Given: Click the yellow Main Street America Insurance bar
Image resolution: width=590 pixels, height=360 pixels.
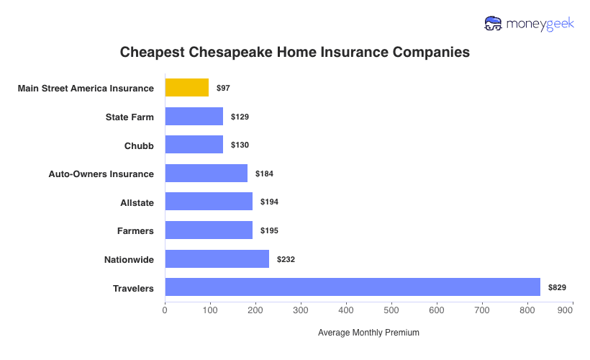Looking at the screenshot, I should (x=187, y=88).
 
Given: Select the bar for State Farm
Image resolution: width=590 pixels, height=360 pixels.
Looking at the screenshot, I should (x=194, y=117).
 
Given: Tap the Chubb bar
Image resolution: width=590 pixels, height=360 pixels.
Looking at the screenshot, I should (x=194, y=145).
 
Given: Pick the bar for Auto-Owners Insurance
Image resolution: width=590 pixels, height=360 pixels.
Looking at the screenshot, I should (x=206, y=174).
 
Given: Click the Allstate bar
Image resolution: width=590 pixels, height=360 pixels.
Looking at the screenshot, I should (x=209, y=202).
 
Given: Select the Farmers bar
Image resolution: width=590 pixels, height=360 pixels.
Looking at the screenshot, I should (x=209, y=230).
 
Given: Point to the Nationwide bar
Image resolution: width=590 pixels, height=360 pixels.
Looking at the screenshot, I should (x=217, y=258).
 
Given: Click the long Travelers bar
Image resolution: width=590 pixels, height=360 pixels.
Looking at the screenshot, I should (x=353, y=287).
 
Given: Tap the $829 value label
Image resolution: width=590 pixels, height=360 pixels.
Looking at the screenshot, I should (x=557, y=288).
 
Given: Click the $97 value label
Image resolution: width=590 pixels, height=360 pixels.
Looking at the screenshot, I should (x=223, y=88).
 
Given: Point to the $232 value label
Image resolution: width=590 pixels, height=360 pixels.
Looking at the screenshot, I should (x=286, y=259).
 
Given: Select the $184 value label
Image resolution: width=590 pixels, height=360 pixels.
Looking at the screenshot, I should (x=264, y=174).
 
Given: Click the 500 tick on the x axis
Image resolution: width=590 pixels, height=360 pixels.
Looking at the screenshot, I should (x=391, y=310).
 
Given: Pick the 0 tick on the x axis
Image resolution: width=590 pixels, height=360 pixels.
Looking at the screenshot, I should (x=165, y=310).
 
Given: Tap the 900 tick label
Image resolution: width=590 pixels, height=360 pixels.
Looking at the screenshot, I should (x=565, y=310).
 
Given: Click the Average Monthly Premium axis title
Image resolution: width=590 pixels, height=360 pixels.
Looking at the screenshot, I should (x=368, y=333).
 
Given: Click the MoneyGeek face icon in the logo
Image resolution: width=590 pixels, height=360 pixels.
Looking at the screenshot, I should (x=494, y=24).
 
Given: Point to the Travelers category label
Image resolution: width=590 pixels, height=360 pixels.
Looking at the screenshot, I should (x=133, y=288).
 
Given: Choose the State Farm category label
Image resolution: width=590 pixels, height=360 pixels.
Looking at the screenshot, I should (x=130, y=117).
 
